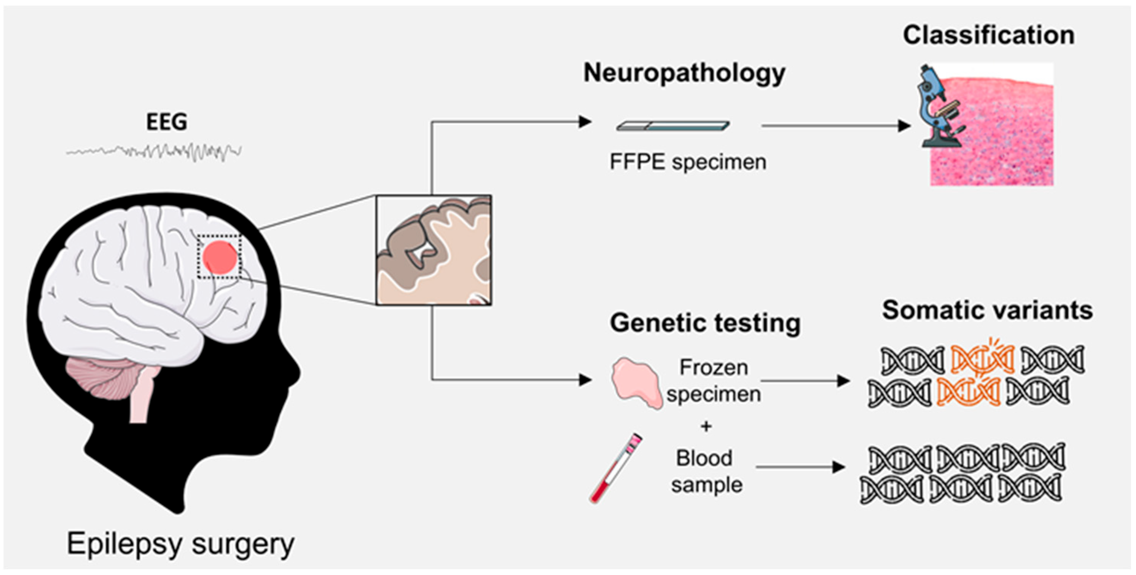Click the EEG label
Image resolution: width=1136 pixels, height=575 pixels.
tap(166, 122)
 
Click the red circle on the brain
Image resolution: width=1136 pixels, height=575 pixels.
tap(220, 257)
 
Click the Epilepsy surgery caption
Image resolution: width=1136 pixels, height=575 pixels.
tap(180, 544)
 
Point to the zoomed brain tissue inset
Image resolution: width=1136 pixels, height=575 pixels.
tap(433, 250)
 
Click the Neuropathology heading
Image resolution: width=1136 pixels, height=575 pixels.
tap(684, 73)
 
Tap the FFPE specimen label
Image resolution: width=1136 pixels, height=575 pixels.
tap(688, 162)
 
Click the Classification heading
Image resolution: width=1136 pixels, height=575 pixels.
tap(988, 35)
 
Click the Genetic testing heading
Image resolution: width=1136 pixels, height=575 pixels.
tap(705, 323)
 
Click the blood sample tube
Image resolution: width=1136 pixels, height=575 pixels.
tap(616, 468)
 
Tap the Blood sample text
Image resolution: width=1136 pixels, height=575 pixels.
tap(706, 471)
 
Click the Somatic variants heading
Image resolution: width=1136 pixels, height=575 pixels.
tap(987, 310)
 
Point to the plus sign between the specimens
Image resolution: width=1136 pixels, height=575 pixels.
tap(706, 426)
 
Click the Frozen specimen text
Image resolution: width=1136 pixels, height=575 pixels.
tap(714, 380)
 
